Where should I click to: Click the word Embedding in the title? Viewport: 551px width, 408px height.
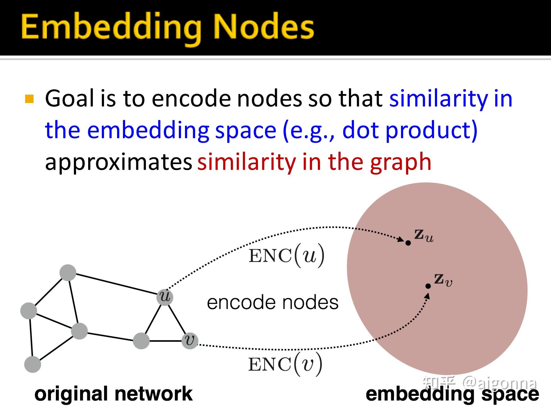coord(111,28)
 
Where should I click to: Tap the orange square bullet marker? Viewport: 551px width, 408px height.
coord(29,99)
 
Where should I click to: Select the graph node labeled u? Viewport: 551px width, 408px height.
coord(165,297)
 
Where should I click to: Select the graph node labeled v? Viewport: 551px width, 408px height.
coord(190,340)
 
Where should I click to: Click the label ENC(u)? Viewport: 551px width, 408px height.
coord(286,256)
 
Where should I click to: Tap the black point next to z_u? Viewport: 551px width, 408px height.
coord(408,243)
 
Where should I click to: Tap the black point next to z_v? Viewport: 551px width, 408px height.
coord(428,286)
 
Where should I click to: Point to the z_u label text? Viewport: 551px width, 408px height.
coord(424,236)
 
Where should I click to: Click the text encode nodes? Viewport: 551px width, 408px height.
coord(273,303)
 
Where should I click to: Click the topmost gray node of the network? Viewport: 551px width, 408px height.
coord(68,273)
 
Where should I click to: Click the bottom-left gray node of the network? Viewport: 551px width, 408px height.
coord(33,364)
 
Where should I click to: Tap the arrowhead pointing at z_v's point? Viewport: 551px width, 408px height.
coord(427,296)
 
